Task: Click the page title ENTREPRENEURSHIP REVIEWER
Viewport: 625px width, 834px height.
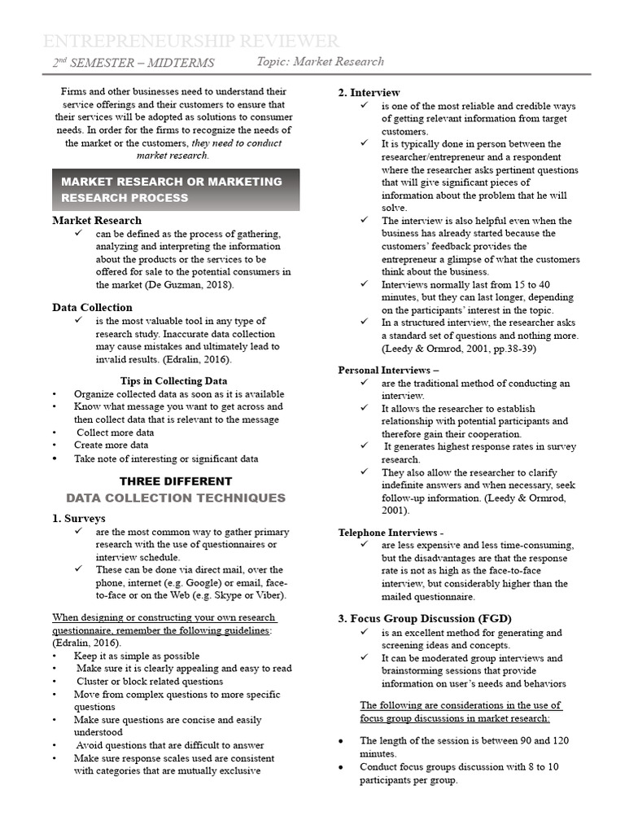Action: [x=191, y=42]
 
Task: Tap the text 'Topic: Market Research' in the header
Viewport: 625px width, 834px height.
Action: [x=320, y=62]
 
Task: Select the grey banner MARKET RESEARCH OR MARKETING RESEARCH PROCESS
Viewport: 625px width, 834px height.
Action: [x=176, y=190]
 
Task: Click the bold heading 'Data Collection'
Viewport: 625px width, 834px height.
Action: [x=92, y=307]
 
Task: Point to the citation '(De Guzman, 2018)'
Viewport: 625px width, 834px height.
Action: [x=190, y=285]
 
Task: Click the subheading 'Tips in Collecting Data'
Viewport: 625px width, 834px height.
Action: [x=173, y=380]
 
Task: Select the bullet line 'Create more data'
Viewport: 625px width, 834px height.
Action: [x=111, y=446]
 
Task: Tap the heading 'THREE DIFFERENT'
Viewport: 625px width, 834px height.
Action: [x=176, y=481]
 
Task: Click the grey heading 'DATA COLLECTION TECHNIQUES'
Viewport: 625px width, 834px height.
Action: [x=176, y=498]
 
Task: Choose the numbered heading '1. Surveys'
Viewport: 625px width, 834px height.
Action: [x=79, y=518]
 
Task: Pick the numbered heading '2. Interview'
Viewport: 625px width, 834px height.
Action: [x=369, y=93]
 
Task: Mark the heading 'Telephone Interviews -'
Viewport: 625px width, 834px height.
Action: [x=391, y=532]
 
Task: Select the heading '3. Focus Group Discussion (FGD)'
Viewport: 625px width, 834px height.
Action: [x=425, y=618]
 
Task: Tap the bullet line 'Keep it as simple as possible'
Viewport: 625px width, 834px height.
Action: [x=136, y=656]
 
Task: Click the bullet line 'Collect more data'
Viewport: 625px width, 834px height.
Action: [x=115, y=432]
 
